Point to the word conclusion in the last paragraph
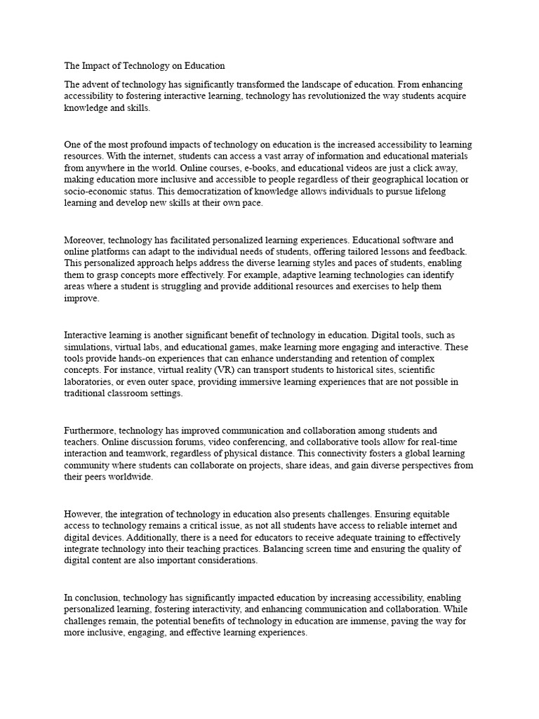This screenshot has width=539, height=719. pyautogui.click(x=96, y=598)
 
